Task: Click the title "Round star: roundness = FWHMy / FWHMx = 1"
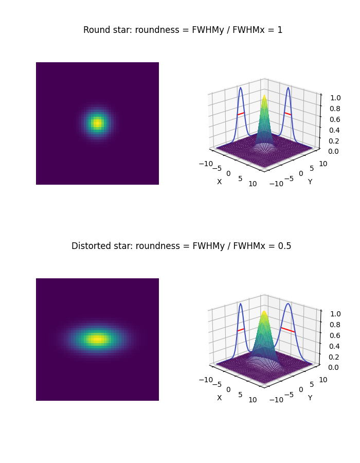pyautogui.click(x=183, y=30)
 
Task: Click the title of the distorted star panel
pyautogui.click(x=181, y=246)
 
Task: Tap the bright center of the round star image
pyautogui.click(x=97, y=123)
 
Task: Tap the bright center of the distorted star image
pyautogui.click(x=97, y=339)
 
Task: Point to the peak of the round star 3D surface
pyautogui.click(x=264, y=96)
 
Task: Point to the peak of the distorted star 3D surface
pyautogui.click(x=264, y=312)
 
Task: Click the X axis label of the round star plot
pyautogui.click(x=219, y=182)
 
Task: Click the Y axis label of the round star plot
pyautogui.click(x=310, y=182)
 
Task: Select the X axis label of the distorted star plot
pyautogui.click(x=219, y=398)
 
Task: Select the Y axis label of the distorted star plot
pyautogui.click(x=310, y=398)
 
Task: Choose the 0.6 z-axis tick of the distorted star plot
pyautogui.click(x=334, y=335)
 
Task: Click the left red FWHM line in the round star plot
pyautogui.click(x=241, y=113)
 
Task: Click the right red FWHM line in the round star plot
pyautogui.click(x=288, y=113)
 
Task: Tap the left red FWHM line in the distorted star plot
pyautogui.click(x=241, y=329)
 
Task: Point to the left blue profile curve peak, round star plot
pyautogui.click(x=240, y=88)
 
